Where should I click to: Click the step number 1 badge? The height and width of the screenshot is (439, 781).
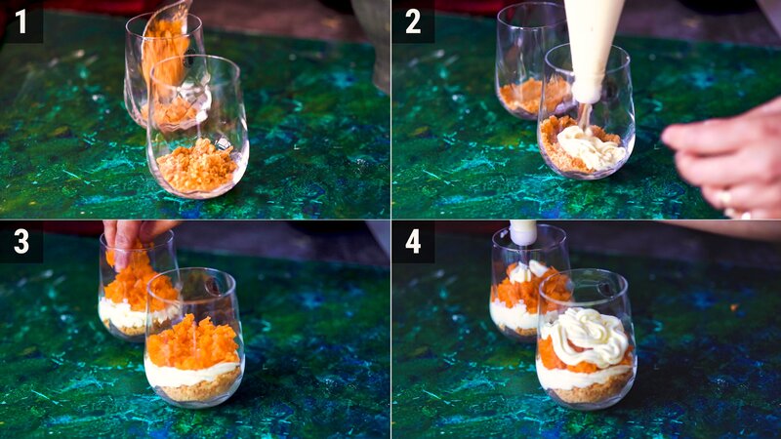tap(21, 20)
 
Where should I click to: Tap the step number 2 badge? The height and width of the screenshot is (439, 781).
tap(413, 20)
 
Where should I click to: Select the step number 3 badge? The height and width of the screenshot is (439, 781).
tap(21, 241)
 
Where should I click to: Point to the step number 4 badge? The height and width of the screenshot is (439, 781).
tap(413, 241)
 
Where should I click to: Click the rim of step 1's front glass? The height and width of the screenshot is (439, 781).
tap(194, 60)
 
